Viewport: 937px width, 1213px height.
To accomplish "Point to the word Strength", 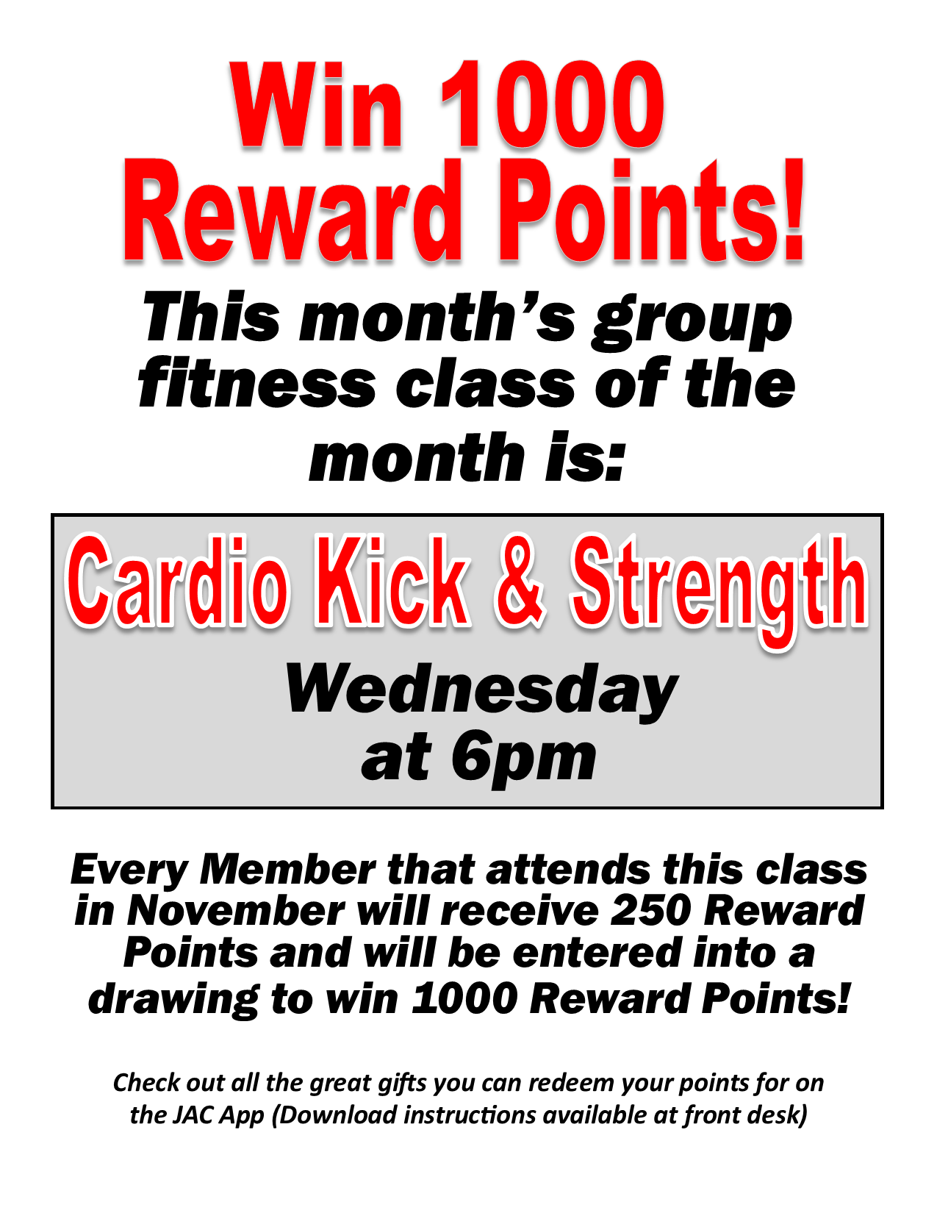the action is tap(719, 593).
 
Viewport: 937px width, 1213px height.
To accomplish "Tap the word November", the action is tap(236, 911).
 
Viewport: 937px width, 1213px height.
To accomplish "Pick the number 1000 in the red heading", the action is tap(552, 104).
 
